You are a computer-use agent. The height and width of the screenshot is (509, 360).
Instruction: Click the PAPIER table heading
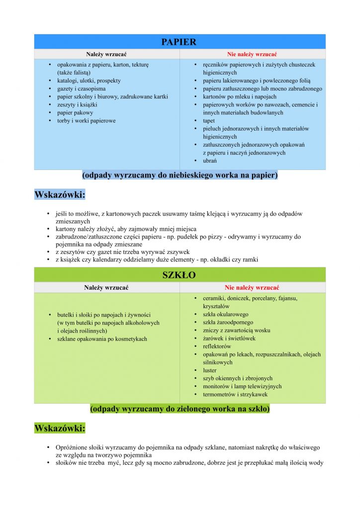pyautogui.click(x=179, y=42)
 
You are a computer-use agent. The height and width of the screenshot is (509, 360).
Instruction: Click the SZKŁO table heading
pyautogui.click(x=179, y=275)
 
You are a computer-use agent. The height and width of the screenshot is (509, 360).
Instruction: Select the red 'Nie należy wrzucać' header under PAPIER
pyautogui.click(x=252, y=54)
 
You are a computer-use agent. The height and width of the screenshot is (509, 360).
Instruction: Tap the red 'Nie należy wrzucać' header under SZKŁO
pyautogui.click(x=252, y=287)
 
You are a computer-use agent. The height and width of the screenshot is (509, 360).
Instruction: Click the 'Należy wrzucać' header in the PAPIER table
pyautogui.click(x=106, y=54)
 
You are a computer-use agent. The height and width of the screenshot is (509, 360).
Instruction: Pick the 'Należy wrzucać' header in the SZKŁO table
pyautogui.click(x=106, y=287)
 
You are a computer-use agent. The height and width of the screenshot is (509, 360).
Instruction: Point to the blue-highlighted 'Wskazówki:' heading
pyautogui.click(x=60, y=195)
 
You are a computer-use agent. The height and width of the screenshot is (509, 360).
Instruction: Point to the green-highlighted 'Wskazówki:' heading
pyautogui.click(x=60, y=427)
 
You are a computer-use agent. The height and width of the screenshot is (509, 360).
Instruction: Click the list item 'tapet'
pyautogui.click(x=209, y=121)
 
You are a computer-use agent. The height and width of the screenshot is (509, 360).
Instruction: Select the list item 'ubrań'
pyautogui.click(x=210, y=161)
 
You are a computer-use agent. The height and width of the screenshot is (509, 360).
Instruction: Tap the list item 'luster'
pyautogui.click(x=210, y=370)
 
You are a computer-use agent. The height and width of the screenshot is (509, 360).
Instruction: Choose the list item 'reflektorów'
pyautogui.click(x=217, y=346)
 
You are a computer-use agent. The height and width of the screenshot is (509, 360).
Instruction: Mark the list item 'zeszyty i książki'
pyautogui.click(x=77, y=105)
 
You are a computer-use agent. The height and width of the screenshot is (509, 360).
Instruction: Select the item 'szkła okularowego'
pyautogui.click(x=225, y=314)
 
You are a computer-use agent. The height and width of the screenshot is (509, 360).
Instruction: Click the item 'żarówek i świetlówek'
pyautogui.click(x=228, y=339)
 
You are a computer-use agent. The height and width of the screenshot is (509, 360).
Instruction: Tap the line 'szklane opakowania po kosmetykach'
pyautogui.click(x=102, y=339)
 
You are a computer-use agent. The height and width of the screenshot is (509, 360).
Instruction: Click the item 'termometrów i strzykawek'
pyautogui.click(x=235, y=394)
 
